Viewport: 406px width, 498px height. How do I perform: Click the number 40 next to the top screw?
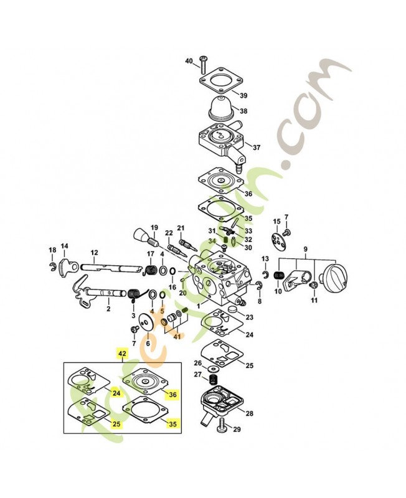click(x=189, y=61)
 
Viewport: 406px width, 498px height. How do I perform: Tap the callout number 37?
click(x=257, y=147)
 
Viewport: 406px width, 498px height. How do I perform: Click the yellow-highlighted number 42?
click(x=122, y=353)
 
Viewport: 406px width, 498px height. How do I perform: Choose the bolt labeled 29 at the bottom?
click(x=222, y=428)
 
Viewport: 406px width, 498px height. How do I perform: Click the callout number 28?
click(x=249, y=413)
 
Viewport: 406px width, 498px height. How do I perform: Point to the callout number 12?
click(x=95, y=253)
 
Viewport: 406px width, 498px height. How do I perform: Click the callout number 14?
click(x=64, y=246)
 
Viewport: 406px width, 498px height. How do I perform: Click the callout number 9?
click(x=304, y=250)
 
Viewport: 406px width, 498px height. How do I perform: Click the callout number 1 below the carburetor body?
click(x=199, y=307)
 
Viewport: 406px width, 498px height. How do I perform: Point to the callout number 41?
click(x=177, y=337)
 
